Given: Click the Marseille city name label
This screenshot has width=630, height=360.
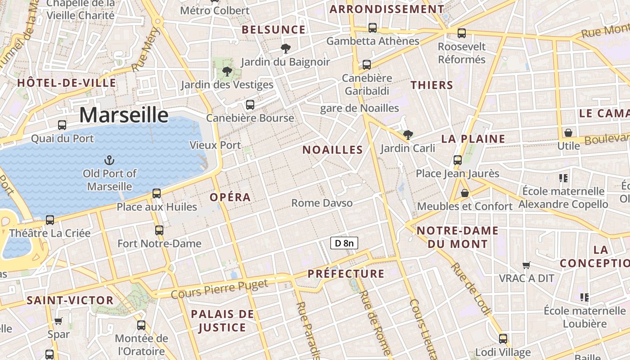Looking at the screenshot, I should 124,115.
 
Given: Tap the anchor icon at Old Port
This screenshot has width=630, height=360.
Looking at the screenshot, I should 109,160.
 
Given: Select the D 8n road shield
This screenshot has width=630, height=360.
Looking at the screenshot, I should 344,243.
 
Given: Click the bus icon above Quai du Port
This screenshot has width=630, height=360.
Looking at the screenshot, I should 62,125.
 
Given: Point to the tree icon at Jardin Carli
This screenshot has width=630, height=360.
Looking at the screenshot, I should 408,135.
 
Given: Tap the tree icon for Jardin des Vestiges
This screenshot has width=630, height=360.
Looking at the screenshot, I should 227,71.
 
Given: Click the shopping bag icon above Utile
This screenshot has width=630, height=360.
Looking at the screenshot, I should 568,133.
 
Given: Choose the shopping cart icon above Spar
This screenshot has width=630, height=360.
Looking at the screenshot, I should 58,321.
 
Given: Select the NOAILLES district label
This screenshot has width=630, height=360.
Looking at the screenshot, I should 333,150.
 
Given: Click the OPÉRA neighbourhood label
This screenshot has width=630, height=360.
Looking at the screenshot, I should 230,197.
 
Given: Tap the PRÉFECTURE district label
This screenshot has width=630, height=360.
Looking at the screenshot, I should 346,274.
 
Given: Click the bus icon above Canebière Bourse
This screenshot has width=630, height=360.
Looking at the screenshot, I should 250,105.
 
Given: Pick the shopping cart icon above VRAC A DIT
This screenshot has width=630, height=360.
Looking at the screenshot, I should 526,265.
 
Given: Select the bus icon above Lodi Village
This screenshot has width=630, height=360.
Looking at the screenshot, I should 503,339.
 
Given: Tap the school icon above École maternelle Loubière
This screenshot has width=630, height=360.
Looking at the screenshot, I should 585,297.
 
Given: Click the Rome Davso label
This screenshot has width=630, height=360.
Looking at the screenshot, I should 322,203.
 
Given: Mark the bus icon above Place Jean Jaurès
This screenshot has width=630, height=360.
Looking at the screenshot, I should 458,160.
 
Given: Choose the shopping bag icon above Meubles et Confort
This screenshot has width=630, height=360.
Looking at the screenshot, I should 465,193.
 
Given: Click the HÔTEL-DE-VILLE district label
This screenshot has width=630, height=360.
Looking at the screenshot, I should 67,83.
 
